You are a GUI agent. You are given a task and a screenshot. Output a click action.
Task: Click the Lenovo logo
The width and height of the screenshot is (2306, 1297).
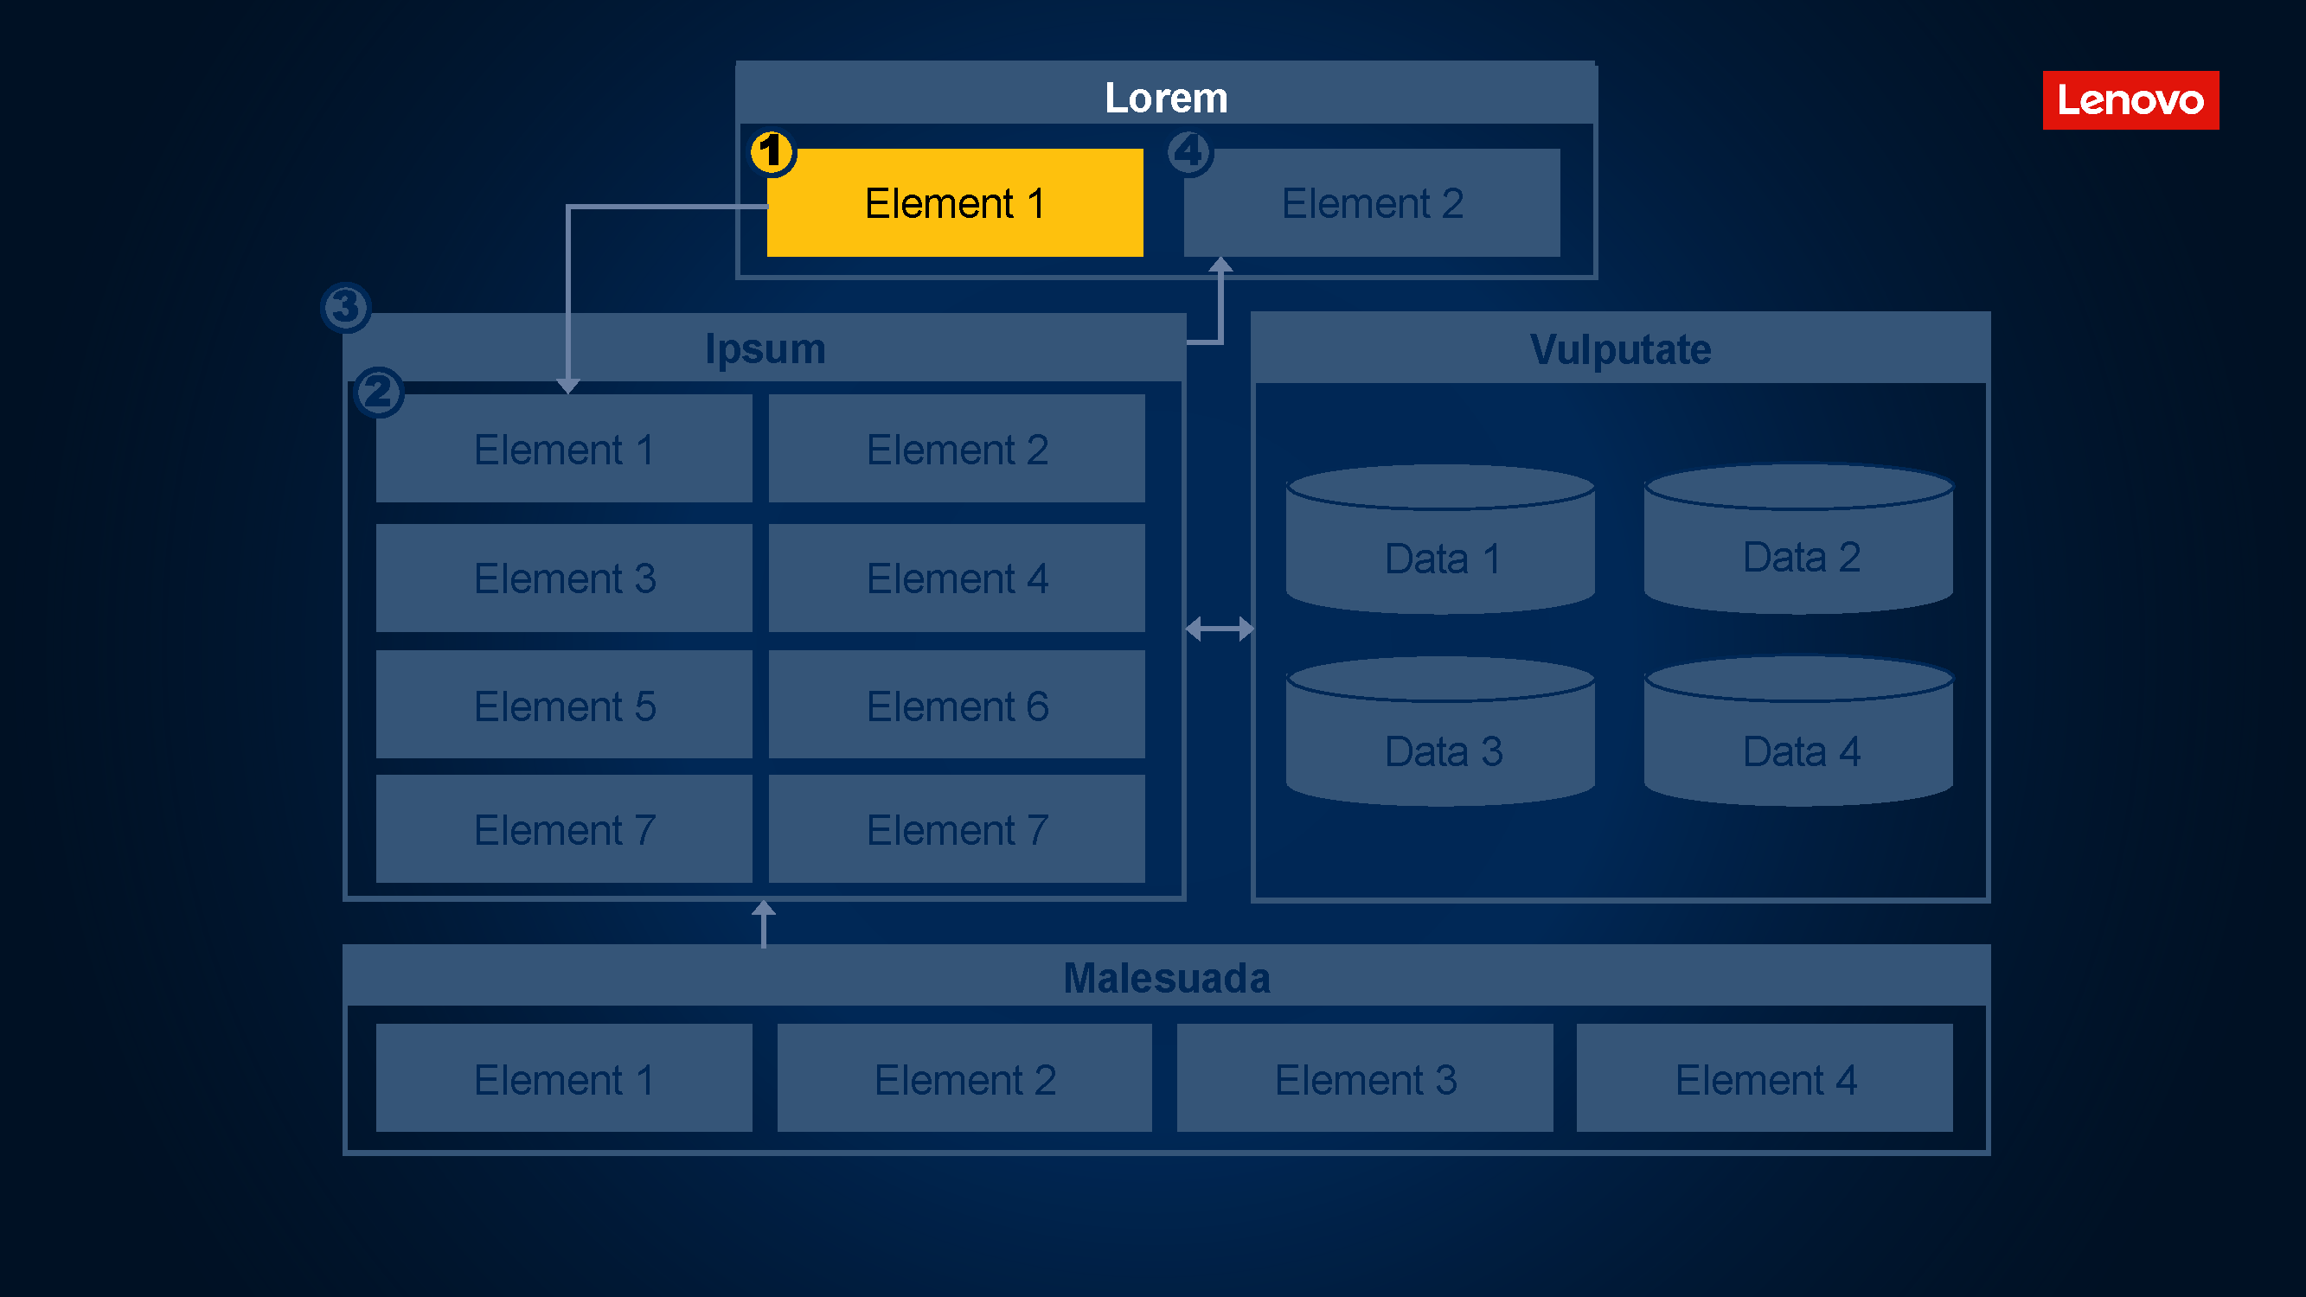pos(2130,100)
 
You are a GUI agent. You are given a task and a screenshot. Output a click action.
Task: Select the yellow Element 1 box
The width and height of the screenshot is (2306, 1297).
pos(954,203)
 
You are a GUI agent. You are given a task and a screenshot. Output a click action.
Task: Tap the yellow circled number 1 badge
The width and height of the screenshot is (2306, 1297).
pos(772,152)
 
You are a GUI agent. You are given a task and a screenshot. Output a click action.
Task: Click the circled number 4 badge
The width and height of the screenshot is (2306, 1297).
pos(1189,152)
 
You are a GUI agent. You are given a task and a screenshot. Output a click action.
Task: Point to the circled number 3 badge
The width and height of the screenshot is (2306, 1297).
pos(345,307)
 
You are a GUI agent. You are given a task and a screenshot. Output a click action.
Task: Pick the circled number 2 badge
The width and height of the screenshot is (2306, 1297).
pos(379,392)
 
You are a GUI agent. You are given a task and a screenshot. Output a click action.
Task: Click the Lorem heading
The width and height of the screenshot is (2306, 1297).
pos(1165,97)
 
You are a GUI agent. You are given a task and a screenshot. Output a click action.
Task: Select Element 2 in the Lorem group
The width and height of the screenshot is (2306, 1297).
pos(1372,203)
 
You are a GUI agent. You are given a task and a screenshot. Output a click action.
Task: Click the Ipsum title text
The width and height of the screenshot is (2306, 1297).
pos(765,348)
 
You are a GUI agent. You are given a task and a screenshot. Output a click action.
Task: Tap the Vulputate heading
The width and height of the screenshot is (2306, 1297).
pos(1619,349)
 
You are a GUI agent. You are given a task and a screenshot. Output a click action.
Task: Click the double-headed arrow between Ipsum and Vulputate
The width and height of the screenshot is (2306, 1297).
pos(1220,629)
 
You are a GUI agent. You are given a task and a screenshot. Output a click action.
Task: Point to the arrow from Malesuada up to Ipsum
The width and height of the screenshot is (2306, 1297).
pos(764,923)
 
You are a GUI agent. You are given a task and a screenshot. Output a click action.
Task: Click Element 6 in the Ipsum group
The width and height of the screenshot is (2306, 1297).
pos(956,706)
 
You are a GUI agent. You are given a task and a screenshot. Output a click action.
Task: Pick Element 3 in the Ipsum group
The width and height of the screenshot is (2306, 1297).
pos(564,578)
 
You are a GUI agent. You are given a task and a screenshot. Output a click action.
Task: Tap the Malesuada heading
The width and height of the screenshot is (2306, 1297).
pos(1165,977)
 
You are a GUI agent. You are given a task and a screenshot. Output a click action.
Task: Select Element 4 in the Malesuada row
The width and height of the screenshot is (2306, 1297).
pos(1764,1078)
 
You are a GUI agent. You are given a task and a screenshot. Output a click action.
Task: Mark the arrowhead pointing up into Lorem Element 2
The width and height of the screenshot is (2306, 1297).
pos(1220,265)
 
